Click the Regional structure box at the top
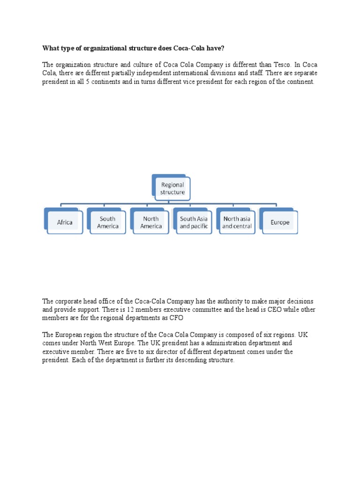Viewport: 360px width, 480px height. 172,188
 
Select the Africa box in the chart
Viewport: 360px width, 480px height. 65,222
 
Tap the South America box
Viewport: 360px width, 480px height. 107,222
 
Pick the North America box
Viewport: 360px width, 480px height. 151,222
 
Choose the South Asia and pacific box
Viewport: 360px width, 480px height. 194,222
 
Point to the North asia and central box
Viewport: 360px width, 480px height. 237,222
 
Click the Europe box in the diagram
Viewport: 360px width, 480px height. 280,222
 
